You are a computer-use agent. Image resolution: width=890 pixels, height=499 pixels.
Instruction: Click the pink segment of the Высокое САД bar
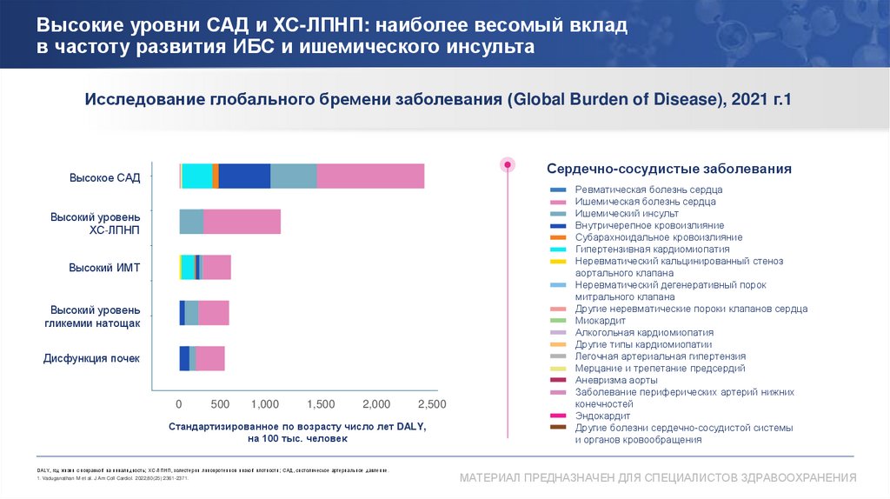pos(370,176)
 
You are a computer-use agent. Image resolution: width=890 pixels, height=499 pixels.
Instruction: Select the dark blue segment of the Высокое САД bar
pos(244,176)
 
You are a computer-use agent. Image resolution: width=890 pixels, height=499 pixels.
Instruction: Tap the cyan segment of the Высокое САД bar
pos(197,176)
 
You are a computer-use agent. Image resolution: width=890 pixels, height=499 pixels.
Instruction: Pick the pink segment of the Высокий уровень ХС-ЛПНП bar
pos(242,222)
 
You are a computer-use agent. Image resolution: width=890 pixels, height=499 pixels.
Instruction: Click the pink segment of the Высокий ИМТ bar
pos(216,268)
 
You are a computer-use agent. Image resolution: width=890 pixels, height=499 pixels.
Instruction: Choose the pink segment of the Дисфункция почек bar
pos(210,358)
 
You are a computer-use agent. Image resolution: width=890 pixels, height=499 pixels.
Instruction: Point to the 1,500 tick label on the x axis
pos(320,404)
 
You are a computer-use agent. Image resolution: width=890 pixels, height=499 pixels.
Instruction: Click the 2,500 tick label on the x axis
pos(431,404)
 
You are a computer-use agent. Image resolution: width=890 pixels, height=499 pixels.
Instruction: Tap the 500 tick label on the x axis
pos(220,404)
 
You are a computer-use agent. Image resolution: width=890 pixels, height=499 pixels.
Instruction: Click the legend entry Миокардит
pos(601,321)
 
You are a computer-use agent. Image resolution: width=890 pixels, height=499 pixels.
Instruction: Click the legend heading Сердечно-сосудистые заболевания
pos(668,168)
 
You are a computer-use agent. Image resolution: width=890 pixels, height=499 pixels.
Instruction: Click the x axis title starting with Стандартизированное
pos(297,433)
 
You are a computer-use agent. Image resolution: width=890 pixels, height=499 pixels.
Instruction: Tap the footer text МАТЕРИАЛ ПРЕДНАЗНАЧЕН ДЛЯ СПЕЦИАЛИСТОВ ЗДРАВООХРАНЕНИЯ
pos(658,478)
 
